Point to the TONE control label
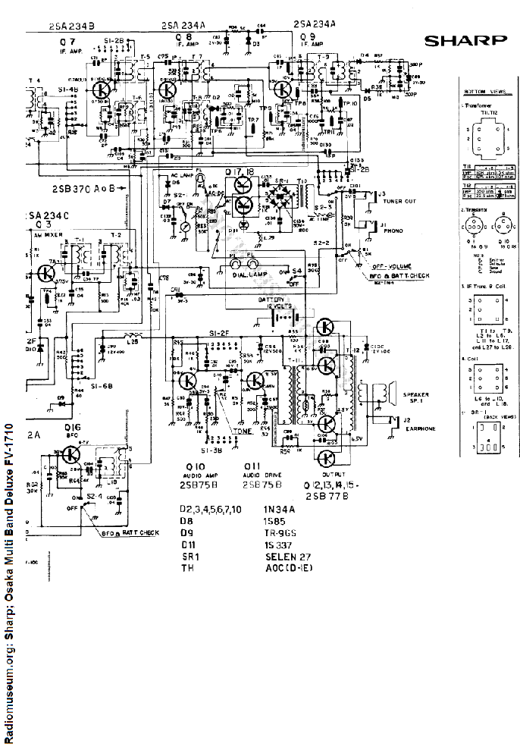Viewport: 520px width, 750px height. tap(243, 431)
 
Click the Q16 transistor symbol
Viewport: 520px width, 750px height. tap(71, 455)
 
